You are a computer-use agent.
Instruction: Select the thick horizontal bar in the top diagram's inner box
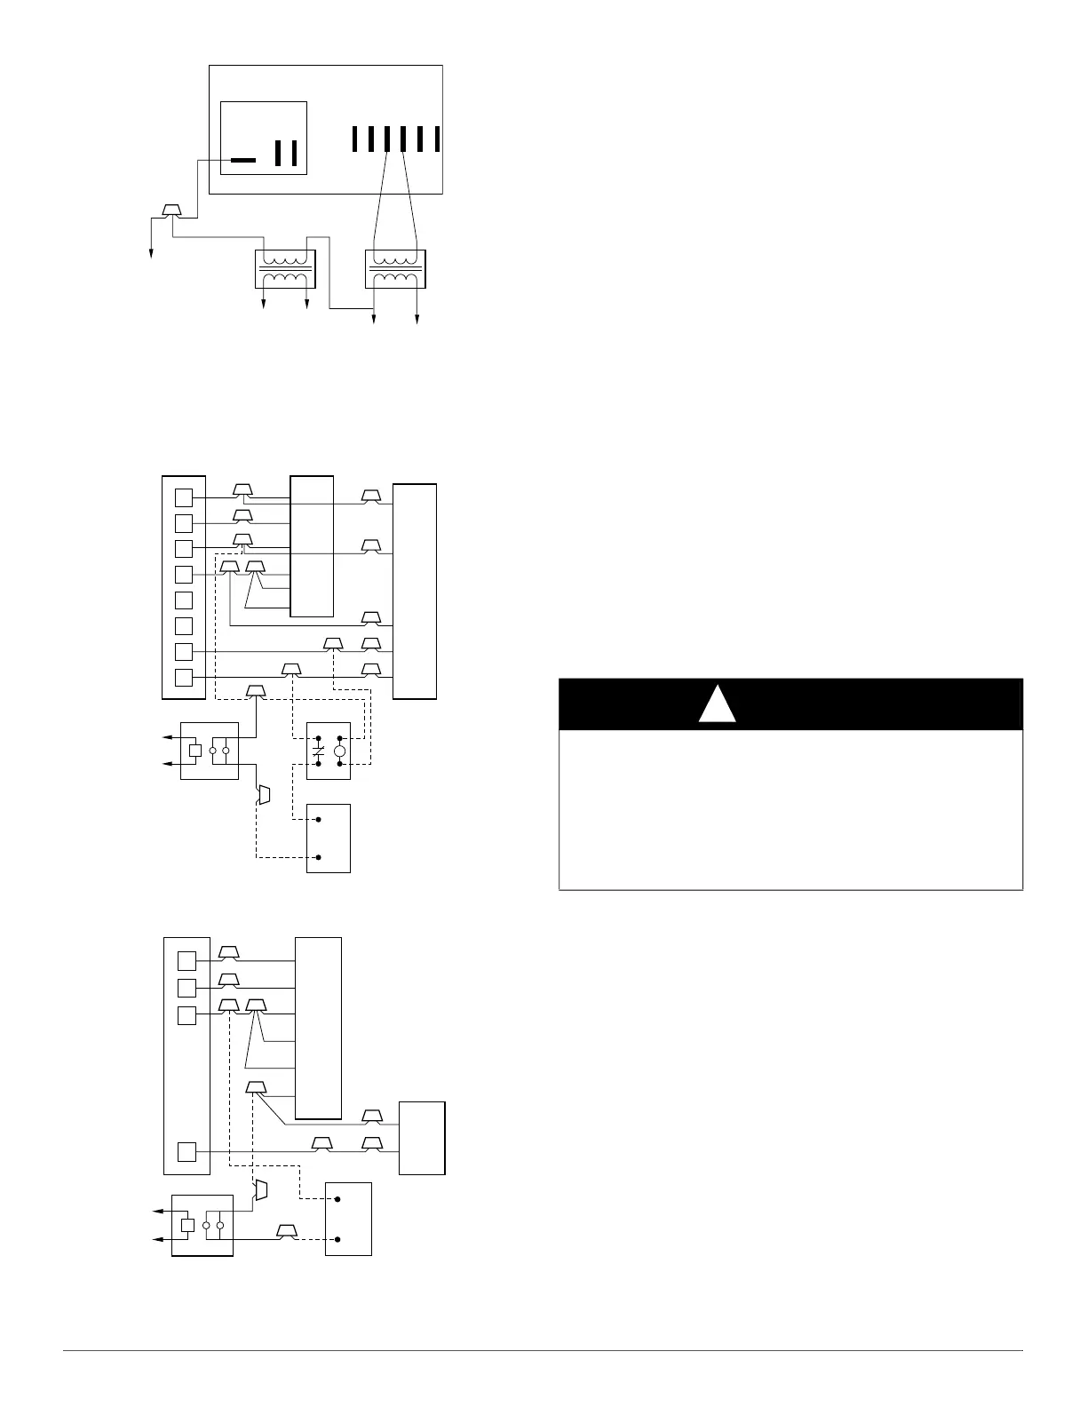pos(242,161)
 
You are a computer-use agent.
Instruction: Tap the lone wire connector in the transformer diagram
pos(172,211)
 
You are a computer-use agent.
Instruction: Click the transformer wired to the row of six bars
pos(395,268)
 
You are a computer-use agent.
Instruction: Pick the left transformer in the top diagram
pos(285,268)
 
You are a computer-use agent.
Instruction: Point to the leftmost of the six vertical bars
pos(354,139)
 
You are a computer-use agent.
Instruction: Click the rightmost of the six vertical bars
pos(438,139)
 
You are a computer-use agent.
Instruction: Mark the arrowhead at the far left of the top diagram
pos(151,255)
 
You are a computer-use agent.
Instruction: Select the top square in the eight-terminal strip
pos(184,497)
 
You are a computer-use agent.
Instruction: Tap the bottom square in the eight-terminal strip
pos(184,678)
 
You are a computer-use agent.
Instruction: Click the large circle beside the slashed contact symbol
pos(339,751)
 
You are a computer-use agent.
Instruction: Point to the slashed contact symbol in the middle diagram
pos(318,751)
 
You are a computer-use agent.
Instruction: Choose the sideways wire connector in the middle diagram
pos(263,795)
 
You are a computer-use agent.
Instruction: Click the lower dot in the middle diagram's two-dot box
pos(319,858)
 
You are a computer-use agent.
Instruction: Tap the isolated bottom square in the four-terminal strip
pos(186,1152)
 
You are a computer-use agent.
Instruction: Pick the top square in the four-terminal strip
pos(186,961)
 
